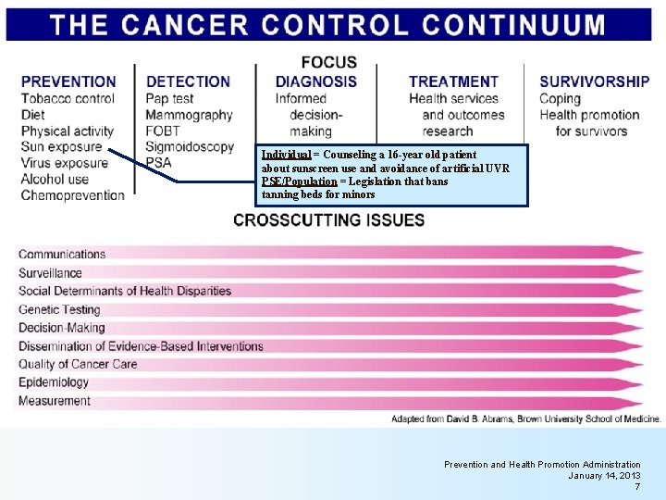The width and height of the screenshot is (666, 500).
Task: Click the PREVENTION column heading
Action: click(68, 81)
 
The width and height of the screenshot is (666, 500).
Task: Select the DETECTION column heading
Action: click(189, 81)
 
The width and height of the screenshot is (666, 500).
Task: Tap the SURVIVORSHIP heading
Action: click(594, 81)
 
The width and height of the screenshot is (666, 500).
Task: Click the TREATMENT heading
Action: click(453, 81)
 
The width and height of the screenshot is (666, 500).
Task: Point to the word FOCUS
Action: click(328, 62)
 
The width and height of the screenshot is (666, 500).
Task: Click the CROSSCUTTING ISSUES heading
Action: click(329, 220)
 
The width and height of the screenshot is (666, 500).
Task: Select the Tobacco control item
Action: click(68, 98)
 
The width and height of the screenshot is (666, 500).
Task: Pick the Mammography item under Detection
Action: click(189, 115)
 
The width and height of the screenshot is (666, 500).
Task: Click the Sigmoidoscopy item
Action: click(190, 146)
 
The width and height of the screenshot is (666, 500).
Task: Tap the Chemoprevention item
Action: click(72, 195)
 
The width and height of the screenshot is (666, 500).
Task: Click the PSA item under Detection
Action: click(158, 163)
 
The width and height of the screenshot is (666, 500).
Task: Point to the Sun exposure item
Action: click(61, 146)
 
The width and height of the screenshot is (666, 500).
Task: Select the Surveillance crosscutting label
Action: click(50, 273)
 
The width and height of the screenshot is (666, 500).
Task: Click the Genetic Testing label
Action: click(59, 309)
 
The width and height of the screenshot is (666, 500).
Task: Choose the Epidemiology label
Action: click(54, 382)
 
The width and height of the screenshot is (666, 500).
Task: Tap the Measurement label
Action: click(55, 401)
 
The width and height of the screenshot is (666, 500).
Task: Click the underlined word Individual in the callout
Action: click(285, 155)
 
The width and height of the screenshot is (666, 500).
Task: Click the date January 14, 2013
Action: click(604, 475)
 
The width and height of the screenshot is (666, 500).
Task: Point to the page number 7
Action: click(636, 486)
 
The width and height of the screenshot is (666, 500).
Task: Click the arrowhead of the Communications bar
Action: click(633, 252)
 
